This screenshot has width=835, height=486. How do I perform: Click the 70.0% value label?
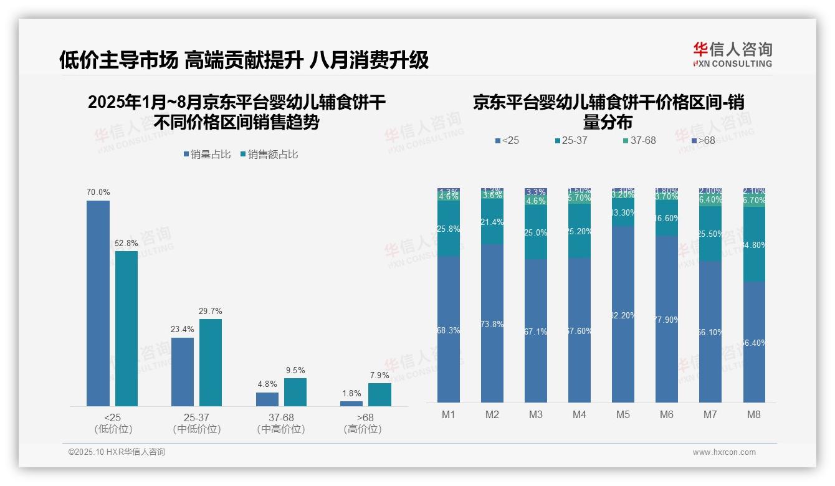(98, 193)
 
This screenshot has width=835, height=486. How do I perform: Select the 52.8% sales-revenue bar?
(126, 328)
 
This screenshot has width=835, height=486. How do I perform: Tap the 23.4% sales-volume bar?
(183, 372)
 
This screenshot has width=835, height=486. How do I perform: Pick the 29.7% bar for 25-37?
(211, 363)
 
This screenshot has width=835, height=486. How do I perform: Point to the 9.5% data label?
(295, 370)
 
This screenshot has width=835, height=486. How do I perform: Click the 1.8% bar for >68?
(351, 404)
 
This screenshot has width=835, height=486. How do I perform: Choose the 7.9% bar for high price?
(379, 394)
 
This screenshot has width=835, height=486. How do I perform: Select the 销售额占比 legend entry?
(269, 155)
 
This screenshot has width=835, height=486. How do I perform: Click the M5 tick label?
(623, 414)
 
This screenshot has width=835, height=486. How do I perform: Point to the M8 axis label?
(754, 414)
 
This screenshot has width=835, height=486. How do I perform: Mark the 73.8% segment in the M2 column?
(492, 323)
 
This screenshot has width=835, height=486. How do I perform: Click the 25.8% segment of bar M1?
(449, 229)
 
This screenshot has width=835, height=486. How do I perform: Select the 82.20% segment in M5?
(623, 315)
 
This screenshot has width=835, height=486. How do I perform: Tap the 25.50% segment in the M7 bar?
(710, 234)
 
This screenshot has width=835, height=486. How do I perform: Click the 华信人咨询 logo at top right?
(732, 54)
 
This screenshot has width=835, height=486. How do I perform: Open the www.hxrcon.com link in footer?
(724, 452)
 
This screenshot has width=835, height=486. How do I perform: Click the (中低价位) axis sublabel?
(196, 429)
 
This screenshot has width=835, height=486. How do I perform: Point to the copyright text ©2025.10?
(117, 452)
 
